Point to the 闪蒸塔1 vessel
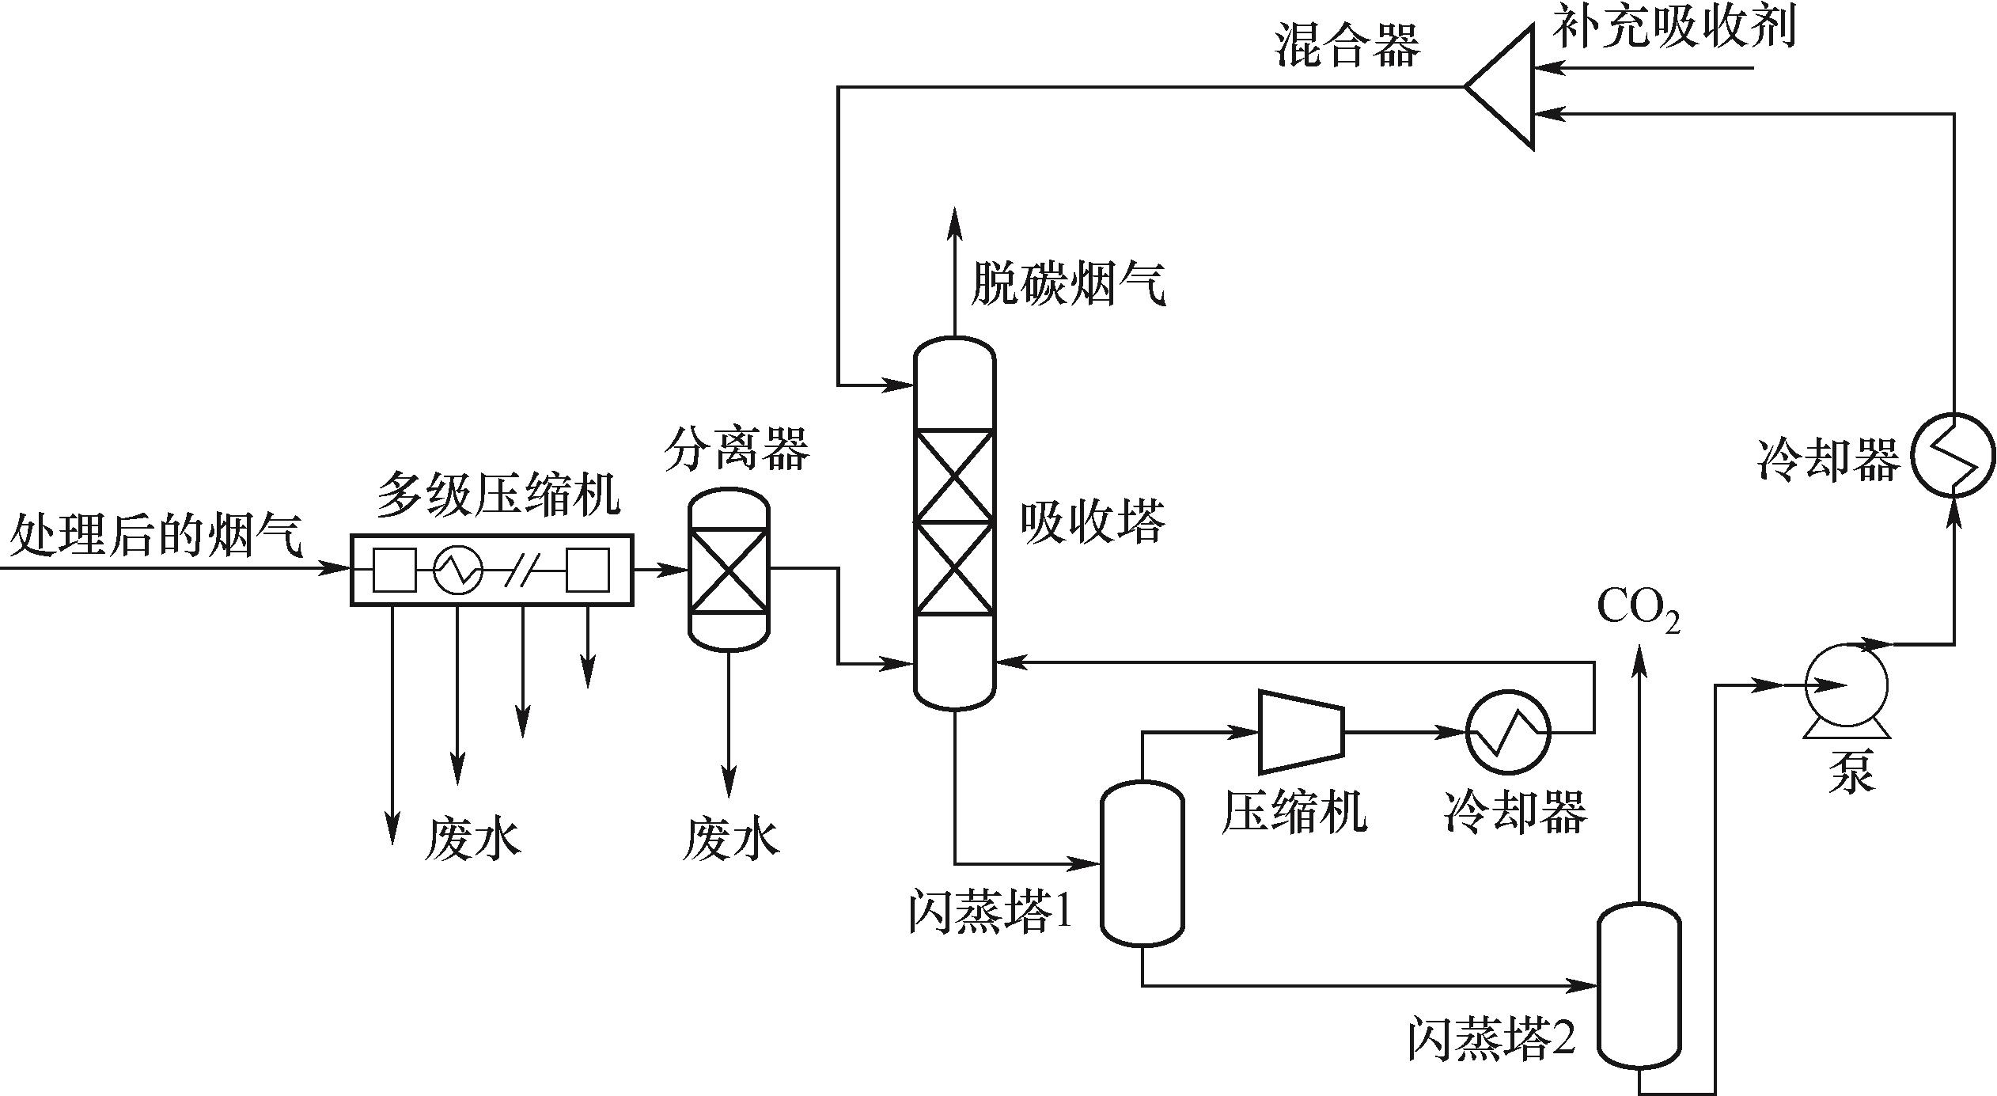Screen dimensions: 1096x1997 (1142, 863)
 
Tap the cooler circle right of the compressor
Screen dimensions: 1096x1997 (1508, 732)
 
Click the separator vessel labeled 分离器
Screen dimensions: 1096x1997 (729, 569)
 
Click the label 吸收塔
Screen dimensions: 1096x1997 (1092, 522)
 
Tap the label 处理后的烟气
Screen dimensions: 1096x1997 (156, 536)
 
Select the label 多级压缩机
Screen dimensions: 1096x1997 (498, 495)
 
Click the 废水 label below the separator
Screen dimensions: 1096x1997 (730, 840)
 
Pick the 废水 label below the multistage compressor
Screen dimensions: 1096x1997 (472, 840)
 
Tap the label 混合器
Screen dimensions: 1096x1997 (1347, 45)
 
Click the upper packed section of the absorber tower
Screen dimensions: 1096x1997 (954, 476)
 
